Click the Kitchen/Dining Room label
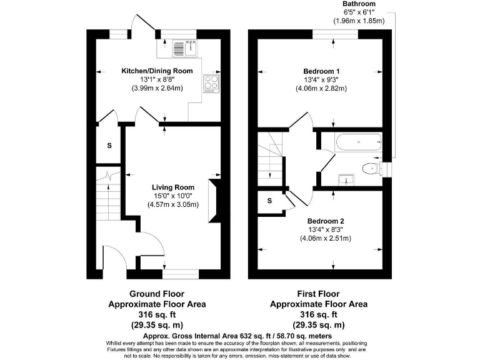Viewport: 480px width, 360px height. pos(157,71)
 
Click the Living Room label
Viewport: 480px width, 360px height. pos(173,187)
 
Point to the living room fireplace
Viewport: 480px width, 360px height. pos(214,199)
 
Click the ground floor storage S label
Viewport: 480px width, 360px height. pos(109,146)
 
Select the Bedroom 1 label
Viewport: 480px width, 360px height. pos(321,71)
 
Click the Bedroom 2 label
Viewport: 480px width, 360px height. pos(325,221)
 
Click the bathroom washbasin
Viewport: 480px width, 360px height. pos(345,179)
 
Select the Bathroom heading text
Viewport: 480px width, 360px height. pos(359,4)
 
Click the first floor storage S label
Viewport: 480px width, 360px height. pos(270,201)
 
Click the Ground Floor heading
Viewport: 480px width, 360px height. pos(157,293)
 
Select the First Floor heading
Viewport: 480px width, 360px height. pos(319,293)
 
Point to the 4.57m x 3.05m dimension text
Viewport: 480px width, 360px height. pos(173,204)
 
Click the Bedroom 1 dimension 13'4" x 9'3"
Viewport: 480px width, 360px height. pos(321,80)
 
